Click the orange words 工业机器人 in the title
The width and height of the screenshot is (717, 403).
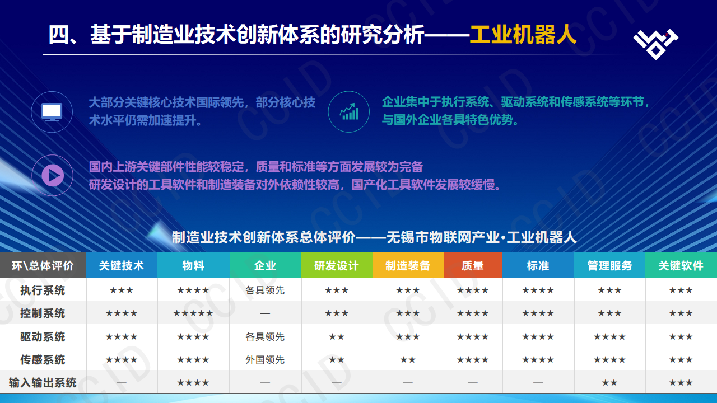click(523, 35)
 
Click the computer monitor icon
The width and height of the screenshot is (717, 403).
click(52, 111)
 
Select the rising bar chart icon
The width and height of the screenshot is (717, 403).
click(349, 111)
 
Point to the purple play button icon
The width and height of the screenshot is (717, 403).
click(52, 175)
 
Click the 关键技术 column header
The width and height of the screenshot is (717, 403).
click(122, 265)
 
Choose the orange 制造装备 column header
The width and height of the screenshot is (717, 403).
click(408, 265)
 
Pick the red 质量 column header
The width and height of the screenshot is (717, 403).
click(473, 265)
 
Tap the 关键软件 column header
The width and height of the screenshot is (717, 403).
click(681, 265)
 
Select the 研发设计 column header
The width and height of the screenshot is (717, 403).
click(337, 265)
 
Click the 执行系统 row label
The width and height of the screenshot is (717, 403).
click(43, 290)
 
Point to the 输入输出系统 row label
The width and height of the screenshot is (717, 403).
click(43, 383)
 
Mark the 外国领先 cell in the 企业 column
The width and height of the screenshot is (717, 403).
click(265, 360)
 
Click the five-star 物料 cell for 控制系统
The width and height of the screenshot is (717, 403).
click(193, 313)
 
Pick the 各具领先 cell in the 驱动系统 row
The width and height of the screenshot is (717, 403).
click(265, 336)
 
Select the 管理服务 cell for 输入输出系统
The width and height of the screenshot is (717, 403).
click(609, 383)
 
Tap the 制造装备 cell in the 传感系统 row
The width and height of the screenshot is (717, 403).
click(408, 360)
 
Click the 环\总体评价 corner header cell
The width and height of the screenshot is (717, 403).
click(43, 265)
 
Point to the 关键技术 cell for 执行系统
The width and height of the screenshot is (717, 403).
click(122, 290)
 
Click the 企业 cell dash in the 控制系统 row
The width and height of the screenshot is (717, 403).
click(265, 313)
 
